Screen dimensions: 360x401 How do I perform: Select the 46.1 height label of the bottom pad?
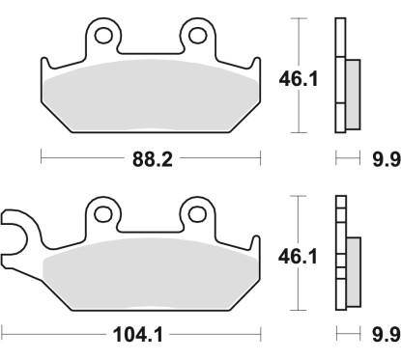300,257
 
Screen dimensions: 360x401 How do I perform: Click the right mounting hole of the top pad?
196,36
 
